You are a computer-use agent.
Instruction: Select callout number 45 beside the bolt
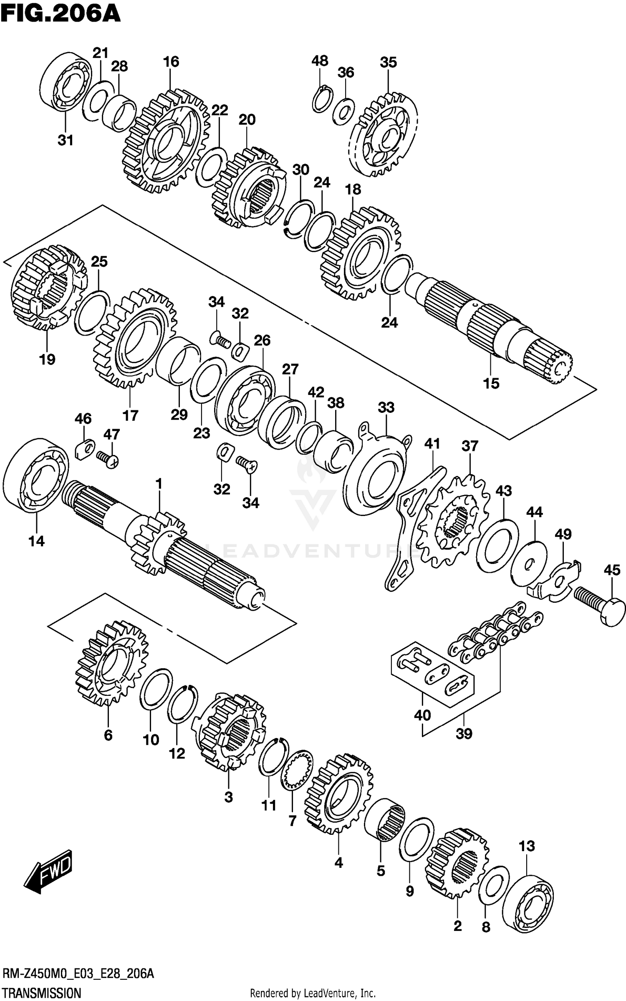point(612,569)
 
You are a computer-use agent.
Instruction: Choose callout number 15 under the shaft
point(491,383)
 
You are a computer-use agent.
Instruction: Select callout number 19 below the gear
point(47,359)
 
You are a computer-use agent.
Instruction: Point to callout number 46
point(83,418)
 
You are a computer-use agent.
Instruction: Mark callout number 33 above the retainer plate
point(386,407)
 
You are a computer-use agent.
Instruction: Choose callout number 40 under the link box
point(422,715)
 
